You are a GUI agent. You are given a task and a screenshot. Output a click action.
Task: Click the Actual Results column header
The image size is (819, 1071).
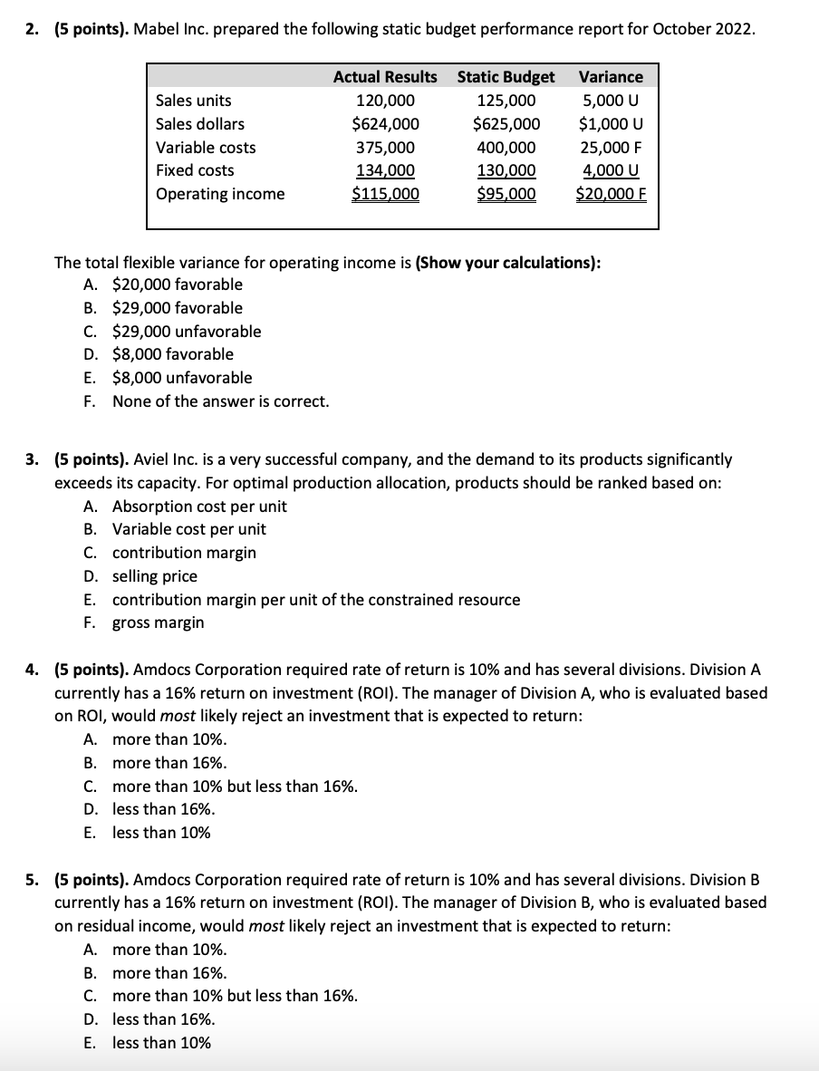click(x=385, y=77)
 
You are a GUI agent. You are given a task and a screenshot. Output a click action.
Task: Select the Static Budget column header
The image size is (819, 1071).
click(x=506, y=77)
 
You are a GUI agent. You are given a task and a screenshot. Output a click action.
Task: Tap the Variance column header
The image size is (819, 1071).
click(x=611, y=77)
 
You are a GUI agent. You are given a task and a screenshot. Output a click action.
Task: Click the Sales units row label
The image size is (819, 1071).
click(x=193, y=101)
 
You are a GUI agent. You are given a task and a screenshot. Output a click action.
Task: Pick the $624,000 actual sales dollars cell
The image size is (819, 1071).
click(x=385, y=124)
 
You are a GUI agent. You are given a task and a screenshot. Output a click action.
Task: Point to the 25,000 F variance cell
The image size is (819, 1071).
click(x=611, y=148)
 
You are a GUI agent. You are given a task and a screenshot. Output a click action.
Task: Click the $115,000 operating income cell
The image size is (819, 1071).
click(x=385, y=194)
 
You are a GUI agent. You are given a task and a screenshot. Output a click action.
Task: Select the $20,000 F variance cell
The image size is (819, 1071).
click(x=611, y=194)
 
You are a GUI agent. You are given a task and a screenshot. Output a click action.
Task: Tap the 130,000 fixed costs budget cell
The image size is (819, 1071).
click(x=506, y=170)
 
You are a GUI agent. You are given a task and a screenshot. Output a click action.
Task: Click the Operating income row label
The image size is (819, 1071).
click(x=220, y=194)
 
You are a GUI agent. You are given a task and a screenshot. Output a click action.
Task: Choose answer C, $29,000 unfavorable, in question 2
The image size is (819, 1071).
click(x=186, y=332)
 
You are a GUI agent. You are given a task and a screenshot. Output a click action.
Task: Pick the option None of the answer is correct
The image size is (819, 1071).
click(x=220, y=400)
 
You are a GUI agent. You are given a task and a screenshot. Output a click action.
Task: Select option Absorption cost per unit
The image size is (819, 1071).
click(x=199, y=507)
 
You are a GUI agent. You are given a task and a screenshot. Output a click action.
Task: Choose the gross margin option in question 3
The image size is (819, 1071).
click(x=158, y=622)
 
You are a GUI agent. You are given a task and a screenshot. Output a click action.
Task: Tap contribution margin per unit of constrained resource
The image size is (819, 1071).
click(x=316, y=600)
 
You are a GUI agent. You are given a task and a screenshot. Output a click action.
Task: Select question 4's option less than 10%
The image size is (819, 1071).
click(x=161, y=833)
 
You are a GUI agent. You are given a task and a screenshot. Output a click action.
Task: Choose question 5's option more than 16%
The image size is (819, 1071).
click(x=169, y=973)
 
